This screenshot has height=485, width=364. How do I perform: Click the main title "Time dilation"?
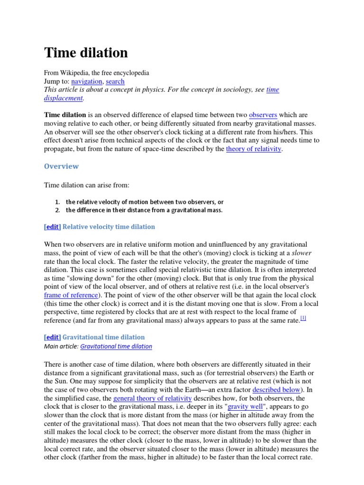click(x=86, y=53)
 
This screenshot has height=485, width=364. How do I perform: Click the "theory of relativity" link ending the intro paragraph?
click(x=254, y=149)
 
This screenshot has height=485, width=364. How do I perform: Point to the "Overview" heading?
click(x=61, y=166)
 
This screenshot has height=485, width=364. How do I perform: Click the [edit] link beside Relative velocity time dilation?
click(x=52, y=227)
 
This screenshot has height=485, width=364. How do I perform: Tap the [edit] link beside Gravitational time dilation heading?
click(x=52, y=337)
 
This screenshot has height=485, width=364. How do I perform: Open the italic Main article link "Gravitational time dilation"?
click(x=116, y=346)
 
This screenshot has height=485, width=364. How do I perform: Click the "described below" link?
click(x=276, y=389)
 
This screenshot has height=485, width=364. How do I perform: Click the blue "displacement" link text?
click(x=64, y=98)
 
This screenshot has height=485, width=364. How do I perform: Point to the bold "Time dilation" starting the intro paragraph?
click(x=65, y=115)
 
